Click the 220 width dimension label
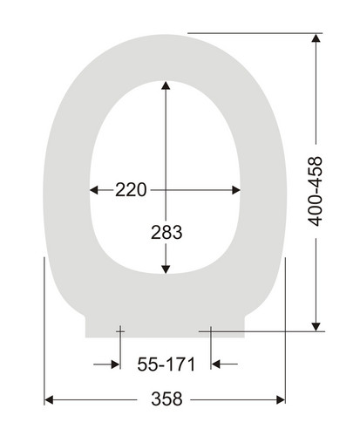131,190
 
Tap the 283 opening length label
166,232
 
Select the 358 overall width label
166,399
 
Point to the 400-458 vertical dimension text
316,191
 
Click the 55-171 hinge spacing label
166,364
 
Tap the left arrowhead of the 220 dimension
94,190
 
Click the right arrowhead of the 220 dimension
236,190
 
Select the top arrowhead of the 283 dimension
166,85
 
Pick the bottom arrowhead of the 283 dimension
166,269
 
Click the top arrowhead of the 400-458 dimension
316,38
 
